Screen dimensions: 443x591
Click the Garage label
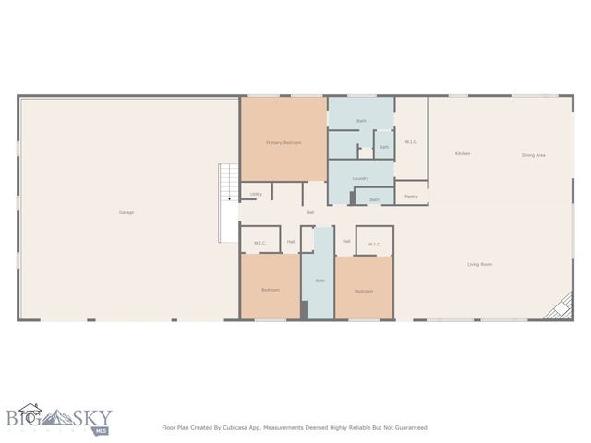(x=127, y=212)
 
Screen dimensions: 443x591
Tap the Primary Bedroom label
(x=283, y=142)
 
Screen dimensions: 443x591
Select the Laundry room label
(x=360, y=178)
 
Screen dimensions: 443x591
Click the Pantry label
(x=411, y=196)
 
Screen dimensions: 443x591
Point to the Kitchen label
(x=463, y=153)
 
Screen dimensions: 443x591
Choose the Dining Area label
(x=533, y=155)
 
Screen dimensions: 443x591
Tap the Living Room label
(x=478, y=264)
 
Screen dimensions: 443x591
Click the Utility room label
(x=256, y=194)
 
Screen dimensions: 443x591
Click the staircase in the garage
(x=228, y=203)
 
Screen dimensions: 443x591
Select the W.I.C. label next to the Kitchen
(x=411, y=141)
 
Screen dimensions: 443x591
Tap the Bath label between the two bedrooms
(x=320, y=281)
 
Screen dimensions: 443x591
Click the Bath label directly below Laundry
(x=374, y=199)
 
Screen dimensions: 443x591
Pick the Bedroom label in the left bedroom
(x=270, y=290)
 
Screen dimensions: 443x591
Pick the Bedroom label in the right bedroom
(x=364, y=291)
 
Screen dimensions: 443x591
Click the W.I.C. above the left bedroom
(x=260, y=244)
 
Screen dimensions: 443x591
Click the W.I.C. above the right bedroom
(x=374, y=244)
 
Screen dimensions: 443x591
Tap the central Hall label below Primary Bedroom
(x=310, y=212)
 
